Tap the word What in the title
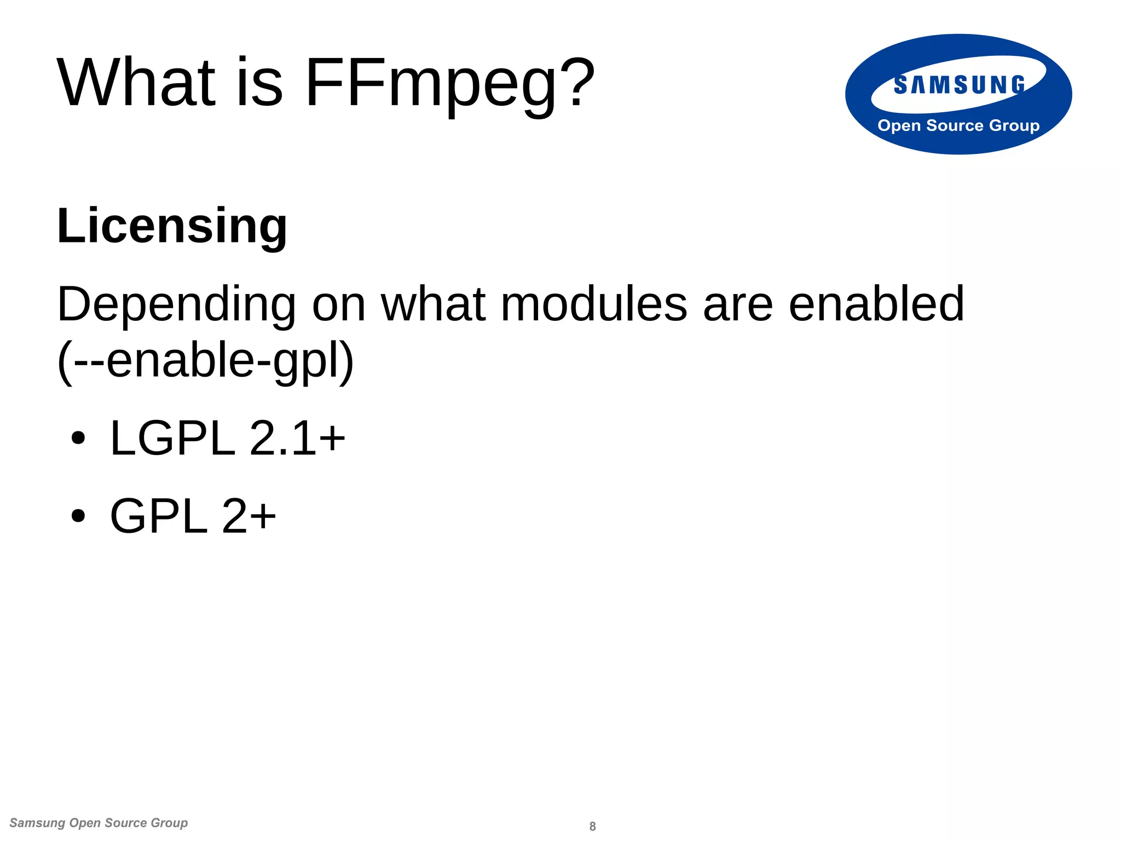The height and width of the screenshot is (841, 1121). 137,83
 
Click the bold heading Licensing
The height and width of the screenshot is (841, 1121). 172,226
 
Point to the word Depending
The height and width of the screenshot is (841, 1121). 176,306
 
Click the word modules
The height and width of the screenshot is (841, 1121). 594,304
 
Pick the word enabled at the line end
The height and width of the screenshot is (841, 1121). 876,304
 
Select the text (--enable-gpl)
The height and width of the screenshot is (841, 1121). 206,361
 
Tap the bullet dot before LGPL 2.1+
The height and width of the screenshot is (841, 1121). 79,438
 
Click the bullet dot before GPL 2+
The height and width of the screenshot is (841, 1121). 79,516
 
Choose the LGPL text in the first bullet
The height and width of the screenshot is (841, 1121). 172,438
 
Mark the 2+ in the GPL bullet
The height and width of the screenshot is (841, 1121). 249,516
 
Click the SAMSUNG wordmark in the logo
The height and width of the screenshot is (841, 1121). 959,85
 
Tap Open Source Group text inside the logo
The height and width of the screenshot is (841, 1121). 958,125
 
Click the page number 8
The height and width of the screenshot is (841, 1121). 592,826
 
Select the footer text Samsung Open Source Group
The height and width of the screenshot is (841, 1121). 99,823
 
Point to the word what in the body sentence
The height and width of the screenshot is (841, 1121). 433,304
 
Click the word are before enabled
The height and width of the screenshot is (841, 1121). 738,306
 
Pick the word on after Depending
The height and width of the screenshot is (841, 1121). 338,306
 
